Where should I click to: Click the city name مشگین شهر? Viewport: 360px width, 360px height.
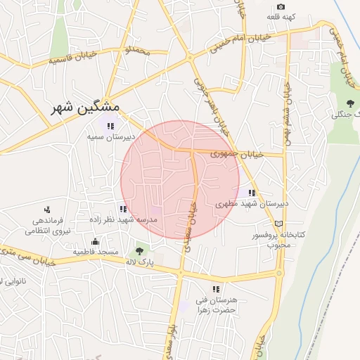click(x=86, y=108)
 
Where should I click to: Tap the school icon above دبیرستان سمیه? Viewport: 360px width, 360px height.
click(x=110, y=127)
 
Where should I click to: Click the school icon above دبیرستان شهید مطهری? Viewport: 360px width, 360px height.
click(x=251, y=193)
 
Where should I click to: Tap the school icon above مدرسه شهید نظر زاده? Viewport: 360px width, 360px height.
click(x=123, y=208)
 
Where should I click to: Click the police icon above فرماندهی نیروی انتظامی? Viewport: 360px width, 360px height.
click(x=47, y=209)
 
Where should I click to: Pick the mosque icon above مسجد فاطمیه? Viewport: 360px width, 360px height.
click(x=95, y=242)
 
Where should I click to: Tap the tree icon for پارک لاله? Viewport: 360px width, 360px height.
click(x=139, y=250)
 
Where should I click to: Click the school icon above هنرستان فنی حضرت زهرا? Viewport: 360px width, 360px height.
click(x=217, y=288)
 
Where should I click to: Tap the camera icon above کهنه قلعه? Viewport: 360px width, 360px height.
click(x=281, y=6)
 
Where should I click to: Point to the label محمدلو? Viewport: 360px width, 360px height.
click(x=138, y=51)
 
